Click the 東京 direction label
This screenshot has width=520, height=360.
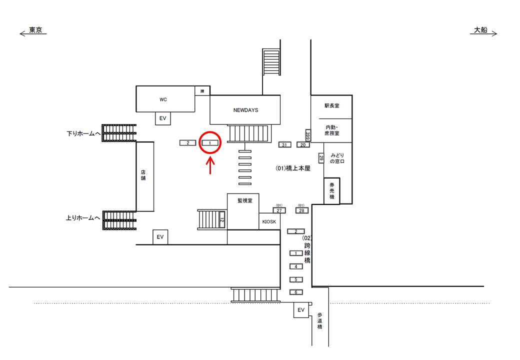[x=35, y=30]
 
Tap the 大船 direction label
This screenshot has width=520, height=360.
[x=480, y=30]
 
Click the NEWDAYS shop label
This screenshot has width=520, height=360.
[x=245, y=110]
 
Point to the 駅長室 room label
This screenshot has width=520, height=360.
[x=332, y=106]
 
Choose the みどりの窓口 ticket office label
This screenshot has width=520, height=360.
[x=334, y=158]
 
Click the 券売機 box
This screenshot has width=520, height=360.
[x=332, y=191]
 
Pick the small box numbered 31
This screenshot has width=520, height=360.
[x=284, y=145]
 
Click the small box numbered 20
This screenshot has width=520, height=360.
[x=303, y=145]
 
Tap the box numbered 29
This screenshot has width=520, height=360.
[x=321, y=158]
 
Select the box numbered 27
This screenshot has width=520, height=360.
[x=279, y=210]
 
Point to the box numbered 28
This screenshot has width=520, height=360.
[x=301, y=210]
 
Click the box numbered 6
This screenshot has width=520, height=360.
[x=296, y=292]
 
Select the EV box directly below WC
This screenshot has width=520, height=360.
[x=162, y=118]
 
